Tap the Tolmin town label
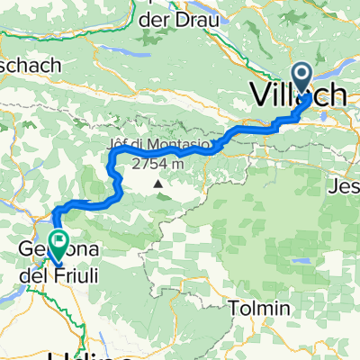(260, 308)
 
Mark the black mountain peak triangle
(159, 184)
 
